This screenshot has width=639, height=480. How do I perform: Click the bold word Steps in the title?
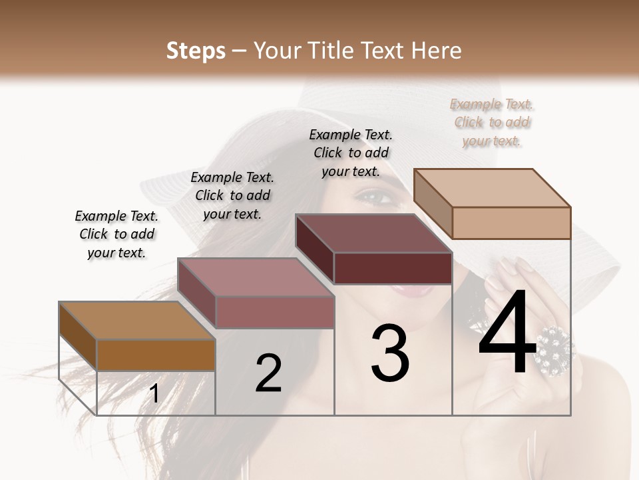(x=196, y=51)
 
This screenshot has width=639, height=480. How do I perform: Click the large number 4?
(x=507, y=333)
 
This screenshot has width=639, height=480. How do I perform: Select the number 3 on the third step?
(x=390, y=353)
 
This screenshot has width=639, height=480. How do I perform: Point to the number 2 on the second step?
(x=268, y=373)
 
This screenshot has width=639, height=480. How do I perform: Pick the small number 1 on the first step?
(x=154, y=393)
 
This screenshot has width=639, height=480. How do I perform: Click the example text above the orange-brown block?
(x=116, y=234)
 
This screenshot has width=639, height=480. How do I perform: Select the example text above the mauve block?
(x=232, y=195)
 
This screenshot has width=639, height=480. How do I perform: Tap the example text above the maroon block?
(x=351, y=153)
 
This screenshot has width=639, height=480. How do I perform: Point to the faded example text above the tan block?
(x=492, y=122)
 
